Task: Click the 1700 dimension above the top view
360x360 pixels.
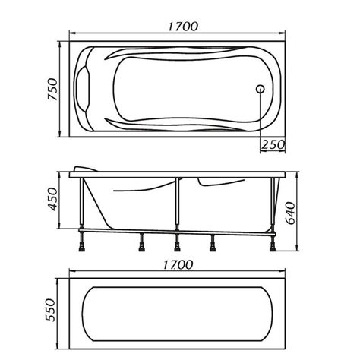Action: click(x=183, y=27)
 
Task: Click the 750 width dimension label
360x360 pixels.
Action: click(x=53, y=90)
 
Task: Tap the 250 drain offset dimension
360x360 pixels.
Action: click(x=273, y=144)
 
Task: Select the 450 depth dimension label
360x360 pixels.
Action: click(x=53, y=199)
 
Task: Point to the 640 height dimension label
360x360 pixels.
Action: click(x=290, y=213)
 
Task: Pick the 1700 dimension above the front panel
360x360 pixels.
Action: click(x=178, y=265)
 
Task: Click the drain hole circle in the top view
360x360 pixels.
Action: click(x=260, y=89)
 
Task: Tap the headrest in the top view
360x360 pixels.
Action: click(x=83, y=89)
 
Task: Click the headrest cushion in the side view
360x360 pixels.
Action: click(x=85, y=169)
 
